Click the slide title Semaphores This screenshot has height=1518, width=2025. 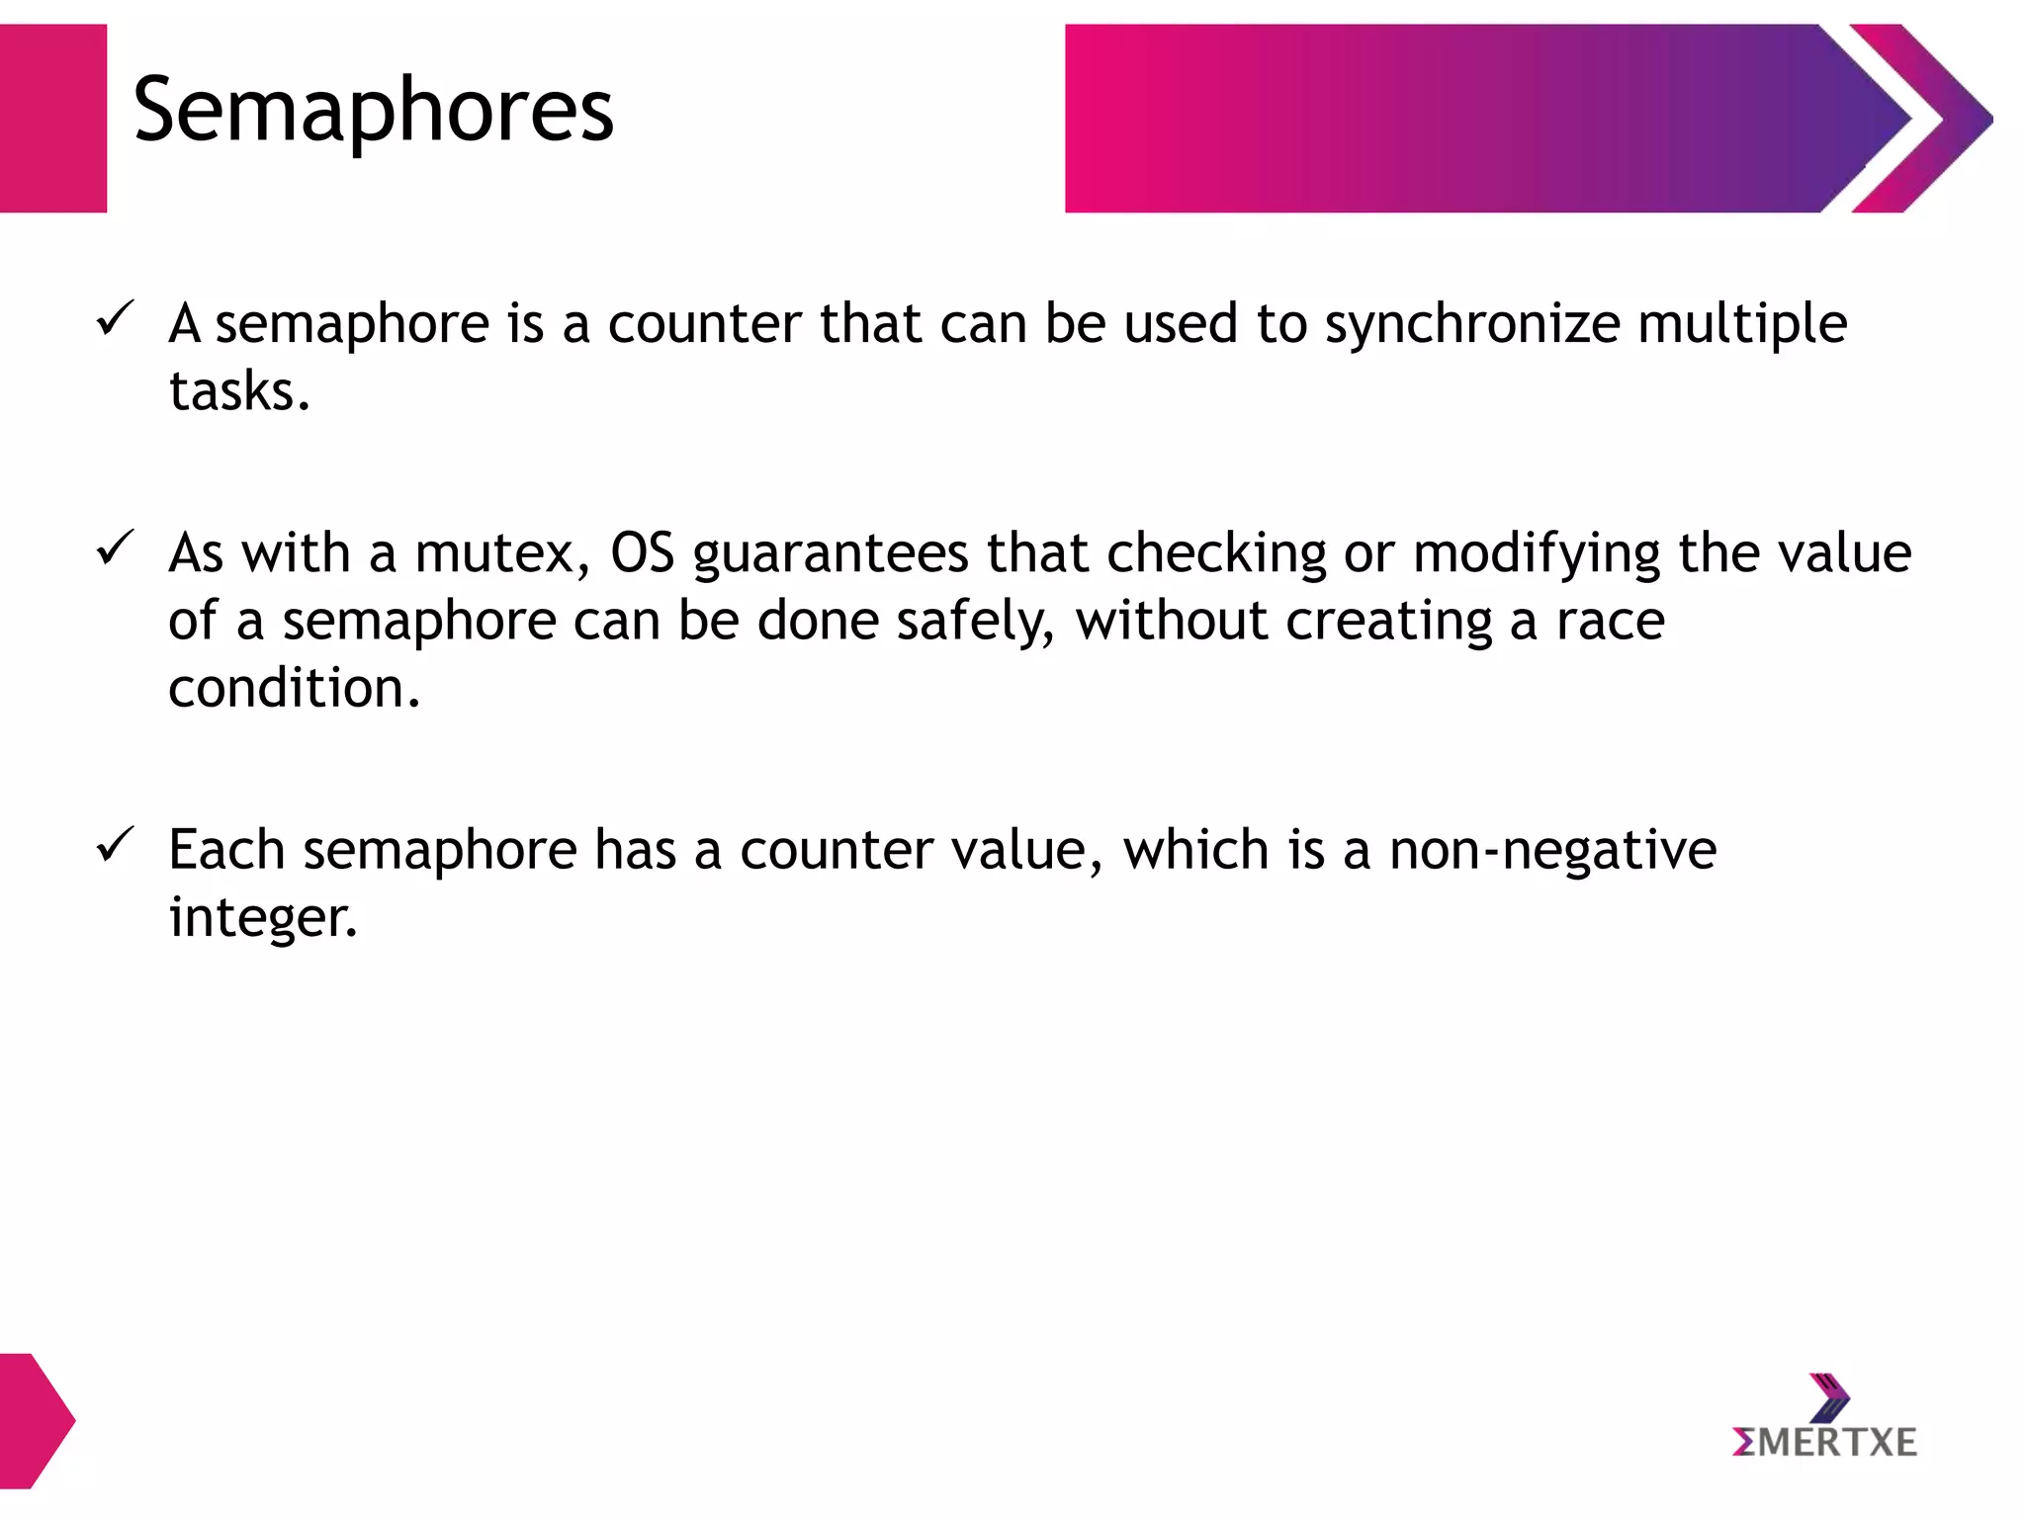tap(373, 111)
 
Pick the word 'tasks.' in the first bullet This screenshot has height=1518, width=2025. tap(239, 391)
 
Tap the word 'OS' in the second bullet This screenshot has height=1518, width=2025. tap(642, 553)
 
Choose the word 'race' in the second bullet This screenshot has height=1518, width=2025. tap(1610, 623)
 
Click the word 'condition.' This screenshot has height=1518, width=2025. tap(294, 688)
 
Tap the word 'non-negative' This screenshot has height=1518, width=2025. tap(1552, 850)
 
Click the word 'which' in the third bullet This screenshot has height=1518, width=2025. tap(1195, 850)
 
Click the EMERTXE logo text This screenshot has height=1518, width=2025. tap(1824, 1443)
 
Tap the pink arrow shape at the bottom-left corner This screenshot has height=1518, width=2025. tap(35, 1420)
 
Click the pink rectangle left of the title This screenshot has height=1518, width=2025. tap(52, 119)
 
